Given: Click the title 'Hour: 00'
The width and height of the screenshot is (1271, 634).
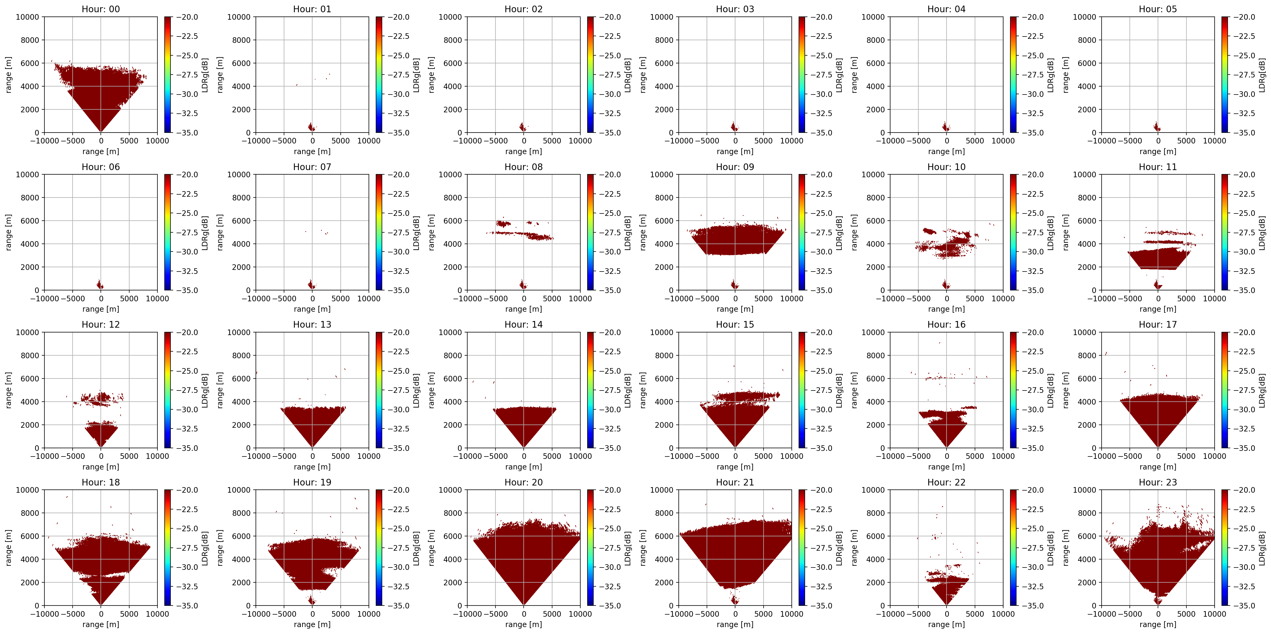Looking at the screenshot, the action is click(x=101, y=9).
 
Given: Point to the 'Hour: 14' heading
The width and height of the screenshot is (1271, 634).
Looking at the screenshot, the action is click(x=523, y=324).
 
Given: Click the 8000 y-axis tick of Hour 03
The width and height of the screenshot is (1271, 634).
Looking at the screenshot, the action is click(x=664, y=40).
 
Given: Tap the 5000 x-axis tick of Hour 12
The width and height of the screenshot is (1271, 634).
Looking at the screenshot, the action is click(x=129, y=456).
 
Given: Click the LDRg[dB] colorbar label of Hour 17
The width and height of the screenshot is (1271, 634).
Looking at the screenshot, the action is click(x=1262, y=390).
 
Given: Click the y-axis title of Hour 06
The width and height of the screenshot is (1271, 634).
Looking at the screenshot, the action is click(x=9, y=232).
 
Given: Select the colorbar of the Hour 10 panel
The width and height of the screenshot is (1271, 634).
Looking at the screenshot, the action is click(x=1014, y=232).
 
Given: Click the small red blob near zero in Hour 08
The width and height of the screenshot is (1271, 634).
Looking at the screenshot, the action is click(x=523, y=285).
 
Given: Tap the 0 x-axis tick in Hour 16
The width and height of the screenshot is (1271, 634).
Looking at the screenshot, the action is click(x=946, y=456).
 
